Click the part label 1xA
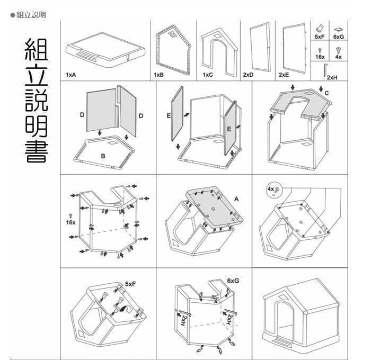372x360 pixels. pyautogui.click(x=71, y=75)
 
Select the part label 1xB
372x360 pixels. pyautogui.click(x=158, y=75)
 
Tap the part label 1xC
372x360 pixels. pyautogui.click(x=207, y=75)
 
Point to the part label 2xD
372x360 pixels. pyautogui.click(x=247, y=75)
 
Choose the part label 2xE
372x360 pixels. pyautogui.click(x=284, y=75)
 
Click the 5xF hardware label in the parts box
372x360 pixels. pyautogui.click(x=320, y=37)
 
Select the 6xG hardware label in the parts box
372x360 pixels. pyautogui.click(x=339, y=37)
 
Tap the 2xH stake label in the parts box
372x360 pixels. pyautogui.click(x=332, y=77)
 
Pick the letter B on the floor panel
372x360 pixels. pyautogui.click(x=104, y=155)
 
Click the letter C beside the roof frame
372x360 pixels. pyautogui.click(x=326, y=93)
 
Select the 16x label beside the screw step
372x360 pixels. pyautogui.click(x=70, y=223)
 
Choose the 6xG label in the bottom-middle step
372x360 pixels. pyautogui.click(x=232, y=280)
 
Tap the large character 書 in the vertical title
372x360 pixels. pyautogui.click(x=36, y=151)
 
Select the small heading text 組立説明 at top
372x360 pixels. pyautogui.click(x=31, y=15)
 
